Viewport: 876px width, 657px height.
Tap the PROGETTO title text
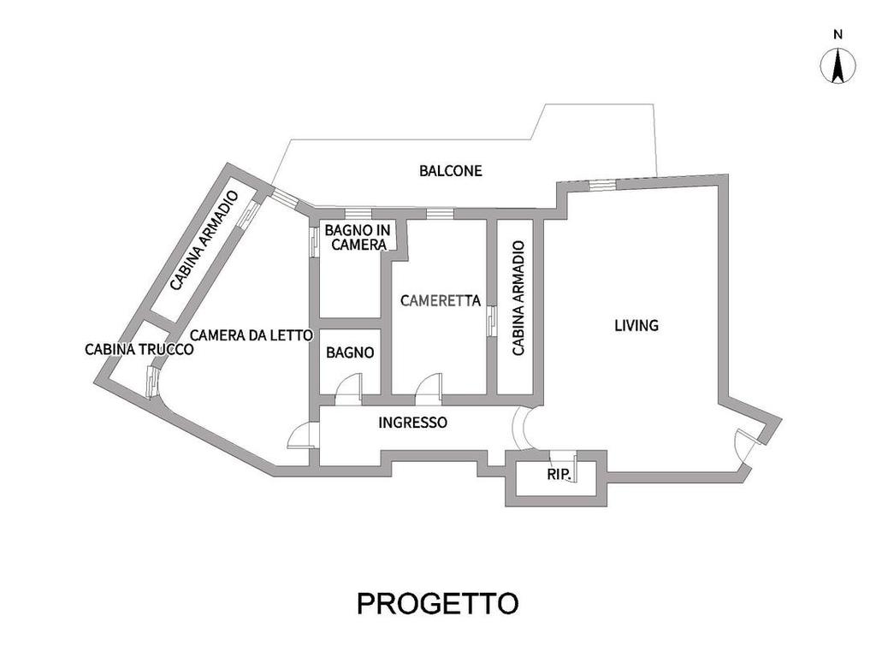[437, 603]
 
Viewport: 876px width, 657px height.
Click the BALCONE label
[450, 170]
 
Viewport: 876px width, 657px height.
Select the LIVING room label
[636, 325]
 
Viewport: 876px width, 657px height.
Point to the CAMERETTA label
[440, 300]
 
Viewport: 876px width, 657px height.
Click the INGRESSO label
[413, 422]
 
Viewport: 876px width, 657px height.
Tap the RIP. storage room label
[559, 473]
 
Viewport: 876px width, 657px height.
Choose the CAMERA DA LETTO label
[250, 335]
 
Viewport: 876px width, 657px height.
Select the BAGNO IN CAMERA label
[358, 236]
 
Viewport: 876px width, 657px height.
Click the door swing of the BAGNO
[349, 390]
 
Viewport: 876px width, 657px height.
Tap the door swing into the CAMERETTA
[428, 388]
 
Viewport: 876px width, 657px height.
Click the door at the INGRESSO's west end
[303, 436]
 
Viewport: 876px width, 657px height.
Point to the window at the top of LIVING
[602, 184]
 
